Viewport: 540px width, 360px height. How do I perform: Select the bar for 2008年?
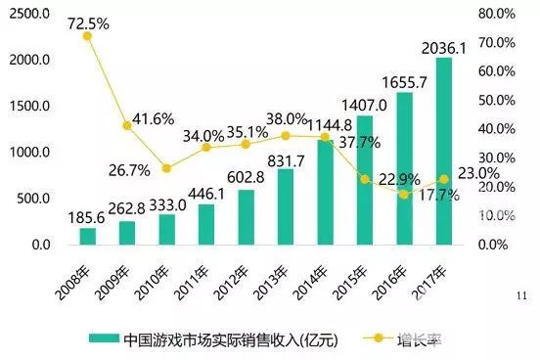click(x=88, y=235)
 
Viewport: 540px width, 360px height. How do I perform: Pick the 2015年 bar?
click(x=364, y=179)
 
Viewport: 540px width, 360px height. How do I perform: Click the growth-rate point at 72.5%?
click(x=87, y=36)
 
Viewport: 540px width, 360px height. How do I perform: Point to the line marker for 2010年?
click(x=166, y=168)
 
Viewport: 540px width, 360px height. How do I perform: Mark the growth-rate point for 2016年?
click(x=404, y=194)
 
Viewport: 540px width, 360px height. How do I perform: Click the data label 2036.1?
click(x=446, y=46)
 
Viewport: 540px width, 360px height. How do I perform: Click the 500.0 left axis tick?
click(x=34, y=198)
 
